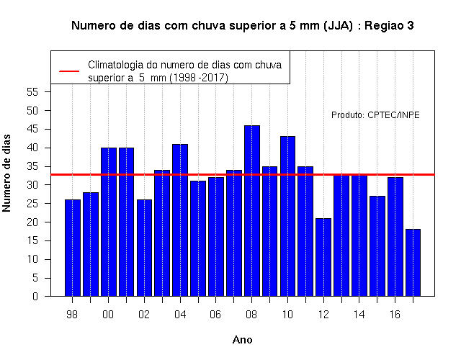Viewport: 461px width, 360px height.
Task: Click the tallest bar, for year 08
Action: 252,211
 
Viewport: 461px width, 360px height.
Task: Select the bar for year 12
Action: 323,257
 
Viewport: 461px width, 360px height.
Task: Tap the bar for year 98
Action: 73,248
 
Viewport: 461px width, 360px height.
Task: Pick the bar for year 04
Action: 180,220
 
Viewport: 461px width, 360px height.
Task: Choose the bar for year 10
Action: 287,216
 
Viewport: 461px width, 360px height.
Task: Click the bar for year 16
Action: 395,237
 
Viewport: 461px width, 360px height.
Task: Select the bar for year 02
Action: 144,248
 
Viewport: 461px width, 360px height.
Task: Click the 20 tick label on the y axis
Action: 32,222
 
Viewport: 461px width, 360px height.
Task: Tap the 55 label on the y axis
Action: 32,92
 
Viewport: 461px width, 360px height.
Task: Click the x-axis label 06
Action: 215,315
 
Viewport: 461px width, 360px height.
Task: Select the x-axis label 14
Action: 359,315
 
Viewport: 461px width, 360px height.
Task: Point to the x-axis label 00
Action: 108,315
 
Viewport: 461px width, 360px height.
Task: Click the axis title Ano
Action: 242,340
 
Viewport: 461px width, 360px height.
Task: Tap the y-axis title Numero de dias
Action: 6,173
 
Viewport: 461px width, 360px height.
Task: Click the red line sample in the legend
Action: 69,71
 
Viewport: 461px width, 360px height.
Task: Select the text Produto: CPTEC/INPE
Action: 375,115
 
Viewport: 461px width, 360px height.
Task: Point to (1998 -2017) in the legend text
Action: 199,78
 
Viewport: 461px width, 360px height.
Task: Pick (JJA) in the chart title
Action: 338,26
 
